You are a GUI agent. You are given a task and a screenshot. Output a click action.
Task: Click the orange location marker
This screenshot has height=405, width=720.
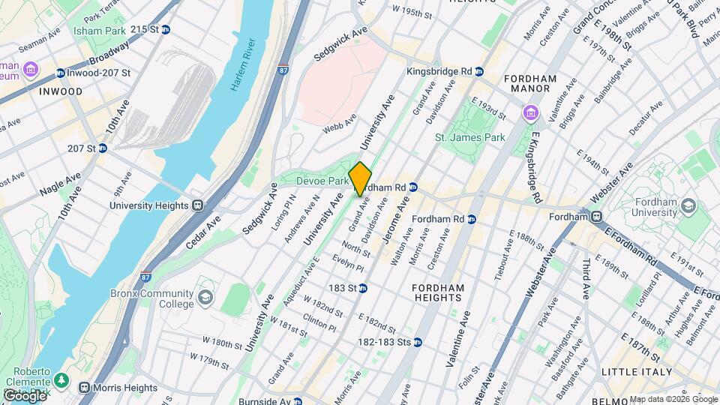[x=361, y=178]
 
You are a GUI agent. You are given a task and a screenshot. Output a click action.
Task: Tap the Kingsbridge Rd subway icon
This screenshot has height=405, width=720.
[x=478, y=71]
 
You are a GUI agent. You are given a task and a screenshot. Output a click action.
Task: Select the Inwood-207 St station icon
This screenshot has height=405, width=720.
[x=61, y=73]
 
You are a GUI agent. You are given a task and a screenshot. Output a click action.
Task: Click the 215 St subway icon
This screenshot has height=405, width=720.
[x=166, y=29]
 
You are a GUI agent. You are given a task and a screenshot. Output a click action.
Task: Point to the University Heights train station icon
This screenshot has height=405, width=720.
[x=198, y=205]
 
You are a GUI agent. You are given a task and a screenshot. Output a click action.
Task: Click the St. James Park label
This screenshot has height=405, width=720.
[x=470, y=137]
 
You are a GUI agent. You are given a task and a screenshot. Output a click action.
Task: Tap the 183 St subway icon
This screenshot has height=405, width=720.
[x=362, y=288]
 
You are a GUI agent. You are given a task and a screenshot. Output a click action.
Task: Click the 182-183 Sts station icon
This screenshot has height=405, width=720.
[x=418, y=342]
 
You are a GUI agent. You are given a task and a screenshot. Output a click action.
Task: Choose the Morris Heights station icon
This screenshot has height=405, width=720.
[x=84, y=388]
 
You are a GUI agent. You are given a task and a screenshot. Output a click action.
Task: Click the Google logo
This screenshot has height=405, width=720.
[x=24, y=394]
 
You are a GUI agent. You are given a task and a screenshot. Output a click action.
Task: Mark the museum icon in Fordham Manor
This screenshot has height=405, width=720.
[x=530, y=113]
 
